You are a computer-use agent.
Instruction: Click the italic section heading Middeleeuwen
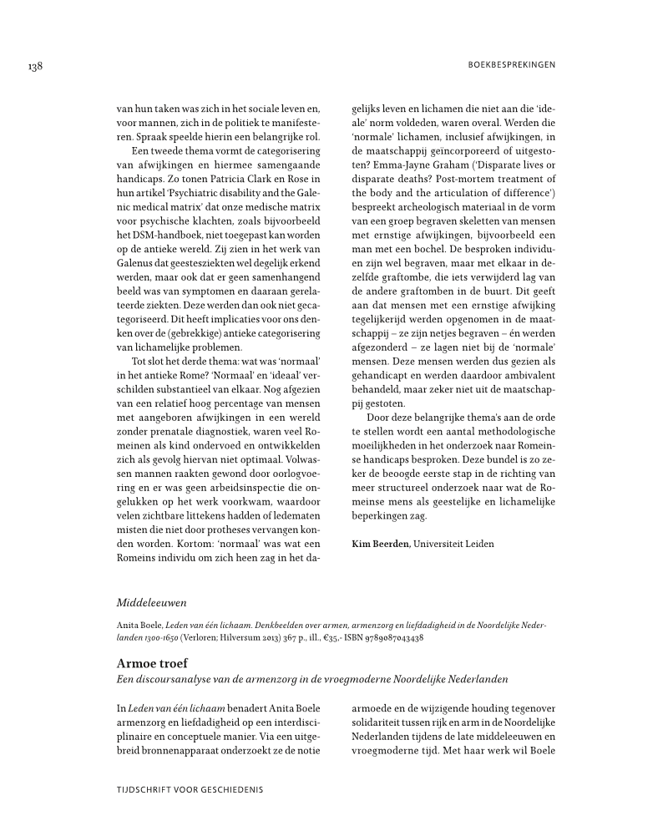coord(152,601)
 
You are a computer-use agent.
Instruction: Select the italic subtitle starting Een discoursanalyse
coord(312,678)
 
